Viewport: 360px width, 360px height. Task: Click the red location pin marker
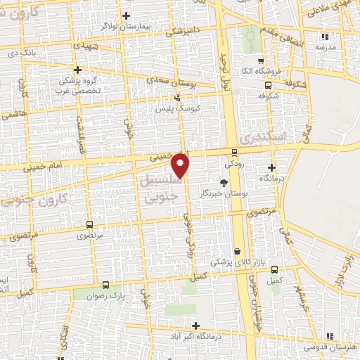[x=181, y=165]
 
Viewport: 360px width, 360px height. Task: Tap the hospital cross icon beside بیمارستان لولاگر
[x=127, y=15]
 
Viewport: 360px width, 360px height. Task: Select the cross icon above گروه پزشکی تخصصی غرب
[x=78, y=70]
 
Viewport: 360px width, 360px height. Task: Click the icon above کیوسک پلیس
[x=177, y=98]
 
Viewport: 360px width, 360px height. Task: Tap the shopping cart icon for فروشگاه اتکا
[x=260, y=61]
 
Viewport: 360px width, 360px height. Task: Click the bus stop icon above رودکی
[x=234, y=152]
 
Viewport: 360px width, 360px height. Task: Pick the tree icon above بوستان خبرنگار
[x=224, y=182]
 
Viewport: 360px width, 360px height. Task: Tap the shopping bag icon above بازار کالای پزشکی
[x=238, y=251]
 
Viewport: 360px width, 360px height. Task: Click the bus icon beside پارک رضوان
[x=105, y=285]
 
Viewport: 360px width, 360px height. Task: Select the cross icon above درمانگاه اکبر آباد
[x=195, y=325]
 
